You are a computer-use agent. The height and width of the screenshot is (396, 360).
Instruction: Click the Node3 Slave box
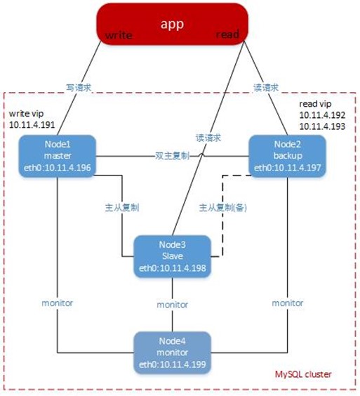[x=173, y=255]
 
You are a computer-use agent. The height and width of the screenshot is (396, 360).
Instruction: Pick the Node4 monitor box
[x=173, y=353]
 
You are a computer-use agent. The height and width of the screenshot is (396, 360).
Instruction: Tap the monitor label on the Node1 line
[x=58, y=303]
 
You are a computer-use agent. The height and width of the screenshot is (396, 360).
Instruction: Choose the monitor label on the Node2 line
[x=288, y=303]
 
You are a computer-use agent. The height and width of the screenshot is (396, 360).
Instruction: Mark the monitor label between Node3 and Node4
[x=173, y=305]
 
